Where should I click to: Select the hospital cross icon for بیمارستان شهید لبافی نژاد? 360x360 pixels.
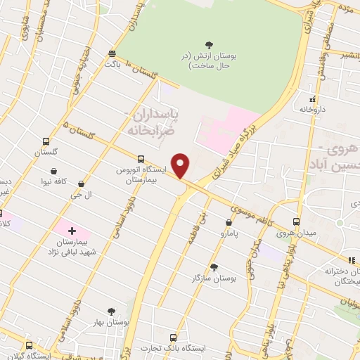point(72,230)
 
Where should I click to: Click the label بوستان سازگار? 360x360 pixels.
point(214,278)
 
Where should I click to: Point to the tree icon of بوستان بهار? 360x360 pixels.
point(110,311)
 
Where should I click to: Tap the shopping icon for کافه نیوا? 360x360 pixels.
point(54,170)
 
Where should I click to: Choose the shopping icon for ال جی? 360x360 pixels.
point(83,184)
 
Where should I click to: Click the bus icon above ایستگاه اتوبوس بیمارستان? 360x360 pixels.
point(141,159)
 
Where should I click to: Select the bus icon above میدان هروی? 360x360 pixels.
point(296,220)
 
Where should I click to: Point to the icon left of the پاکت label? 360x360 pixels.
point(112,53)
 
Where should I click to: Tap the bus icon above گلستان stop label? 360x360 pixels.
point(46,141)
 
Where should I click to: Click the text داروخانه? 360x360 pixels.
point(314,110)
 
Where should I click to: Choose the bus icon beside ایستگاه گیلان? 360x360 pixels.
point(29,345)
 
